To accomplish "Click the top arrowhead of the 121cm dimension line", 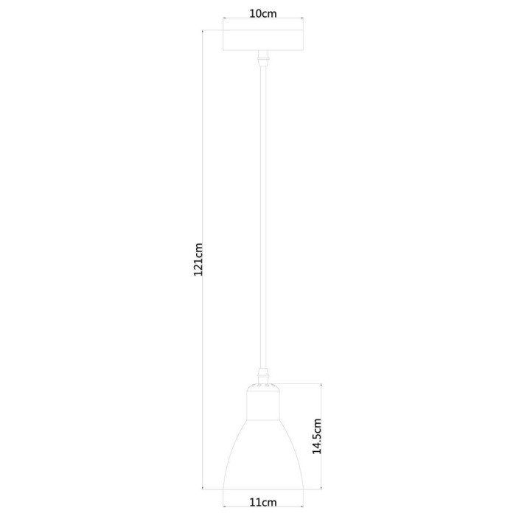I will tap(203, 32).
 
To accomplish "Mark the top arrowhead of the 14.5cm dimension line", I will tap(321, 386).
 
